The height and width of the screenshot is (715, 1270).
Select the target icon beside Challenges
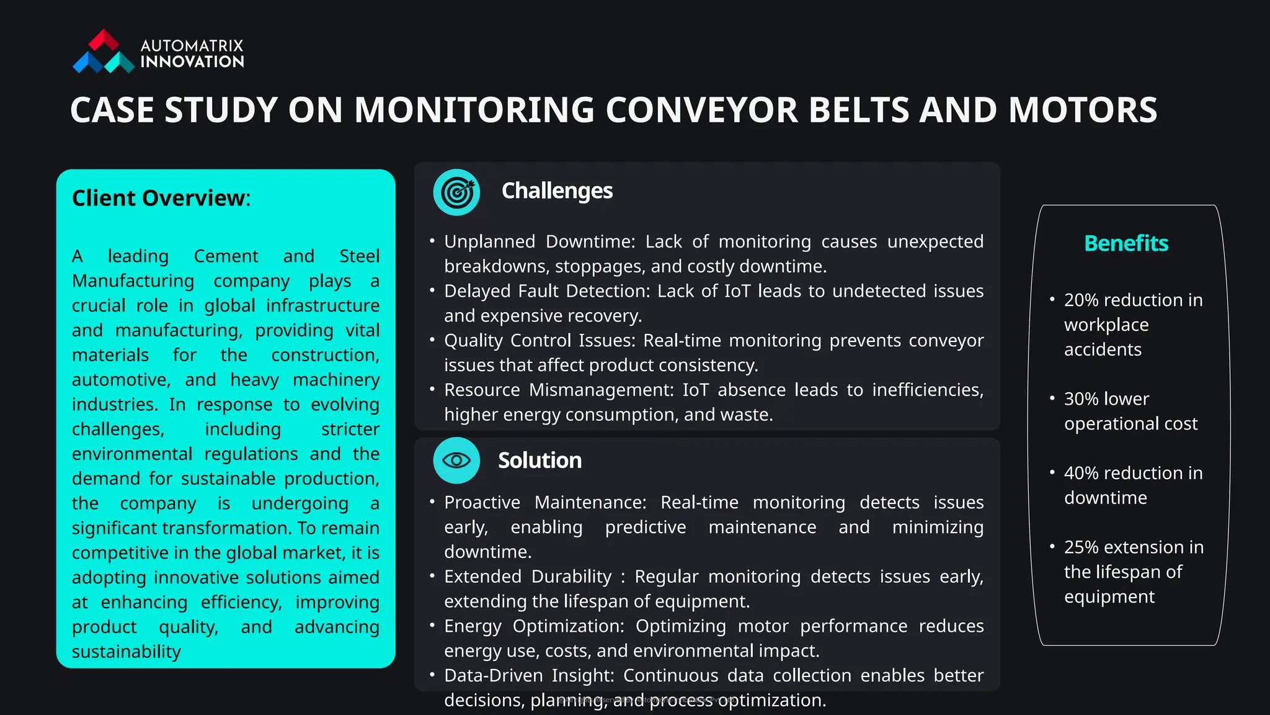pyautogui.click(x=456, y=192)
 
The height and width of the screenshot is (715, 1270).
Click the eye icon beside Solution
pyautogui.click(x=456, y=461)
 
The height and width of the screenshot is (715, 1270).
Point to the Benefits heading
pyautogui.click(x=1126, y=243)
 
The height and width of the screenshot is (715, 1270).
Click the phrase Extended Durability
pyautogui.click(x=527, y=577)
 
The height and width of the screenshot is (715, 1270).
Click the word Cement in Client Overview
pyautogui.click(x=226, y=256)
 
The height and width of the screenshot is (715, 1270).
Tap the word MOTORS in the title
pyautogui.click(x=1082, y=110)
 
